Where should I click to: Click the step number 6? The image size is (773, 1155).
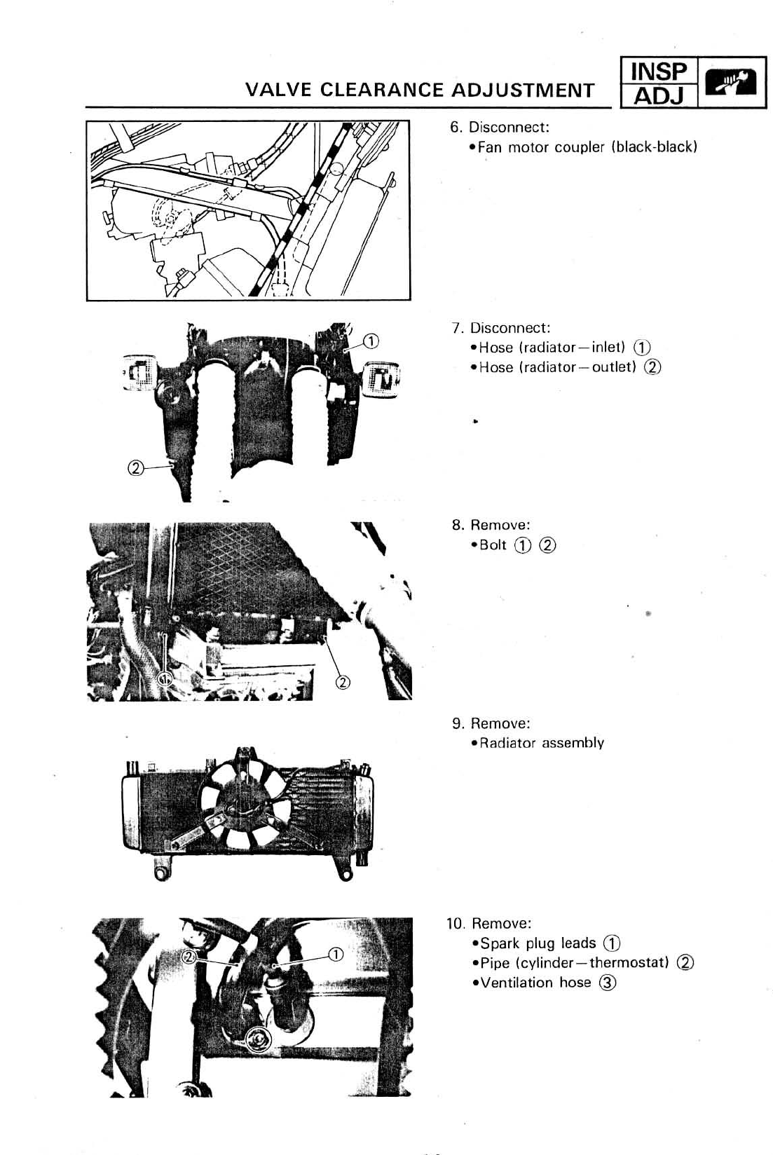click(x=456, y=128)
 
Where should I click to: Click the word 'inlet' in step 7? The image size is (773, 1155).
click(x=608, y=348)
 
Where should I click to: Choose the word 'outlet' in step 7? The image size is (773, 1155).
click(x=613, y=367)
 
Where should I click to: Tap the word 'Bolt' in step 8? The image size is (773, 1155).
click(x=493, y=545)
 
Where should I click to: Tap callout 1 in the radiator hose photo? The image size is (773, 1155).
click(x=371, y=341)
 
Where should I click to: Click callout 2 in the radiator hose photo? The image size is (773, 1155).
click(x=135, y=467)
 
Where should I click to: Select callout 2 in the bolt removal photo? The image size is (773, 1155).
click(x=343, y=681)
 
